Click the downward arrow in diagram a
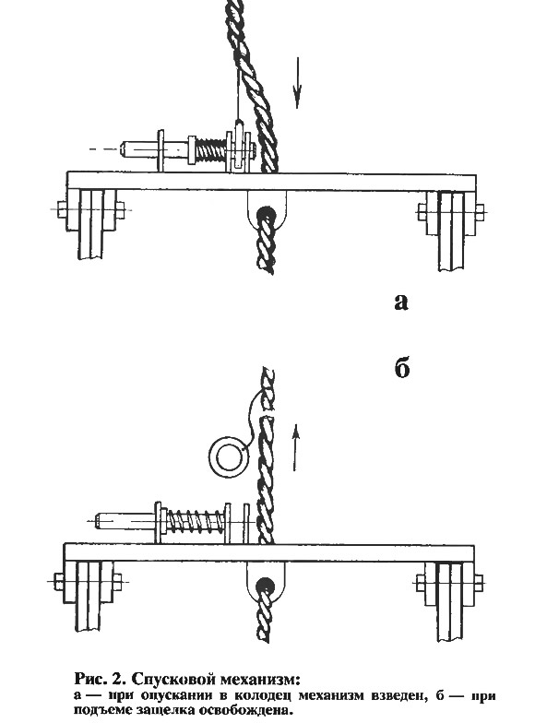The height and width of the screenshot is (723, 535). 297,83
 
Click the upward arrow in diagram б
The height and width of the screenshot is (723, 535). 296,447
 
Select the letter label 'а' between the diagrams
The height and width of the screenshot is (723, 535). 401,302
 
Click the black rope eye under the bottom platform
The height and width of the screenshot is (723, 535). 266,585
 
